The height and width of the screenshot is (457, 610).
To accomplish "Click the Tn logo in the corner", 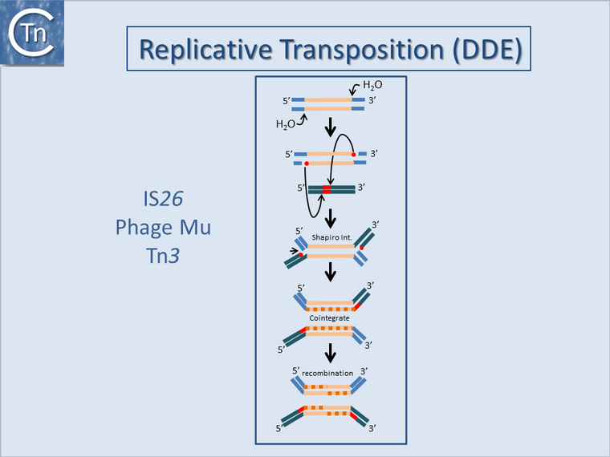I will [x=31, y=31].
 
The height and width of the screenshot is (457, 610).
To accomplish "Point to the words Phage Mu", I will [x=163, y=227].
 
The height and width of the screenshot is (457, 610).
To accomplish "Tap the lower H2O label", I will [x=285, y=124].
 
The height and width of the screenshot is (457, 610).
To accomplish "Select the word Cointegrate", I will [x=330, y=317].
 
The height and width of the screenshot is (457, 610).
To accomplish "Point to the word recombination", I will [x=330, y=374].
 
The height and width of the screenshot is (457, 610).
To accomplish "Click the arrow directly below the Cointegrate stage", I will [x=330, y=352].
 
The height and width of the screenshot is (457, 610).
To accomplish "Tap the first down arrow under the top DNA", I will [x=330, y=128].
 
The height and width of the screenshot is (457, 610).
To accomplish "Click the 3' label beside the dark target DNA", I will [x=362, y=188].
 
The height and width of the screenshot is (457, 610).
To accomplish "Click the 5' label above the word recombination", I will [x=296, y=371].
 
